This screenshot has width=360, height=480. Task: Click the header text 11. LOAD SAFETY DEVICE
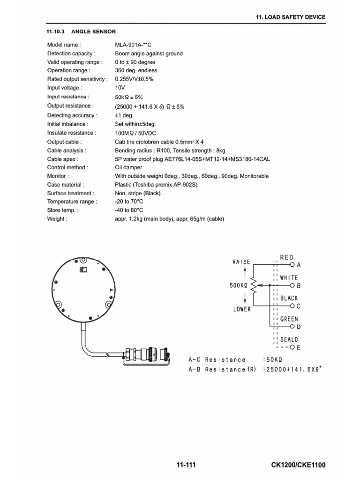(290, 17)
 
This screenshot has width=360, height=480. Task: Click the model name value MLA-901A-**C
(135, 45)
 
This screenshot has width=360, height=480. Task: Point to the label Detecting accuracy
(72, 115)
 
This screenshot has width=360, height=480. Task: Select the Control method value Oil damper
(129, 167)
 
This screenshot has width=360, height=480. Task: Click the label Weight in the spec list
(57, 218)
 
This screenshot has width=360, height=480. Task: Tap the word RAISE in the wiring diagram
(241, 262)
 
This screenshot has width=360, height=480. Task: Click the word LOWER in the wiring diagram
(241, 309)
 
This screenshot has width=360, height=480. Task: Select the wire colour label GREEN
(289, 319)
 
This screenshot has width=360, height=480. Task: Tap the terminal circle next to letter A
(293, 265)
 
